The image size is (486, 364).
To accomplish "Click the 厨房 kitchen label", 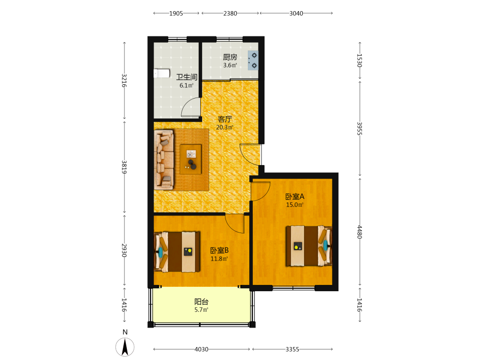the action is point(230,57).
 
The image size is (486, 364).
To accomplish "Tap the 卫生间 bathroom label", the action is point(187,77).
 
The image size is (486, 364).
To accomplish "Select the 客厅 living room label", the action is point(225,119).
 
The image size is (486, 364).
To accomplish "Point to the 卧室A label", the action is point(295,197).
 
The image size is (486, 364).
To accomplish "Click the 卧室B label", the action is point(220,250).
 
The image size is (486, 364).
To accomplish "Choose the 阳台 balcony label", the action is point(202,301).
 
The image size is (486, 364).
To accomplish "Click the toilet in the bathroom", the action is point(162,73).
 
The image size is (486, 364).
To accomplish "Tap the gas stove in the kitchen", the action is point(253,60).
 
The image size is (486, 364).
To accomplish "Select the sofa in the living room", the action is point(164,160).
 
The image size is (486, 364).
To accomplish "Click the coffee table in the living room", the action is point(191,159).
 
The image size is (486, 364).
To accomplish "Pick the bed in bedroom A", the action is point(309,246).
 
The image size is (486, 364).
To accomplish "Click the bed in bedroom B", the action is point(177,251).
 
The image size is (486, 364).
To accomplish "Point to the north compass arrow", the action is point(125,347).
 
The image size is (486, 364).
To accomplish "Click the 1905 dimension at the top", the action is point(176,13).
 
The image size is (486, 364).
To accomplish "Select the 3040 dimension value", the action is point(296,13).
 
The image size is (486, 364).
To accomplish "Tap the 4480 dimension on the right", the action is point(359,232).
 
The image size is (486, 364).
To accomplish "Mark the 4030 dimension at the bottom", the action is point(202,349).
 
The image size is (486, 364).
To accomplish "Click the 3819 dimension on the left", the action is point(124,167).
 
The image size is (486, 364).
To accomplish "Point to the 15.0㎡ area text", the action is point(295,205).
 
